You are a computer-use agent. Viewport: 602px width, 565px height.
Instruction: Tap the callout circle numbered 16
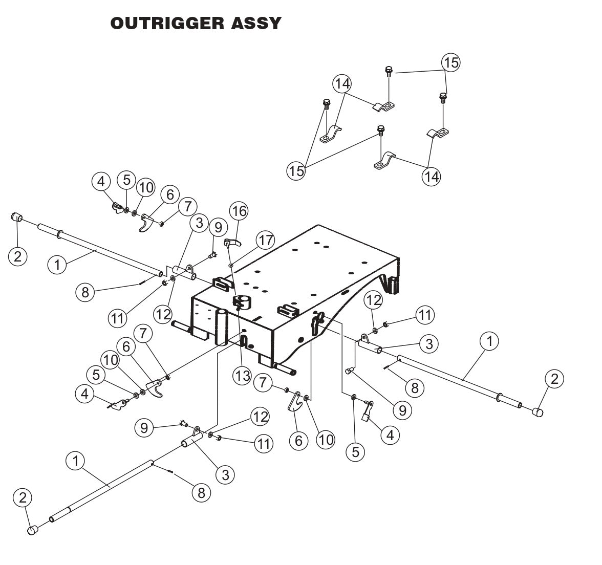point(239,210)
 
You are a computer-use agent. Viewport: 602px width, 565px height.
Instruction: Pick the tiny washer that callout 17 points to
point(231,265)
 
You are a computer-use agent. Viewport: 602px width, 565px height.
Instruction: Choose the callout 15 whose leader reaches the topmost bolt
point(451,62)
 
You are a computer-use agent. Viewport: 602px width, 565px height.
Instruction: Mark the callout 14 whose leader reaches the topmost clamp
point(342,83)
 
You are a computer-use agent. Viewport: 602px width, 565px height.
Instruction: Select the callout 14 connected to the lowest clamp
point(431,176)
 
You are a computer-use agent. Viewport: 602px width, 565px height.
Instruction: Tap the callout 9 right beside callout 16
point(218,226)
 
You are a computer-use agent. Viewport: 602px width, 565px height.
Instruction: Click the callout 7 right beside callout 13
point(263,383)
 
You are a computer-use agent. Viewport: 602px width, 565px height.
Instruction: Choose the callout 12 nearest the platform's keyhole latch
point(373,300)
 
